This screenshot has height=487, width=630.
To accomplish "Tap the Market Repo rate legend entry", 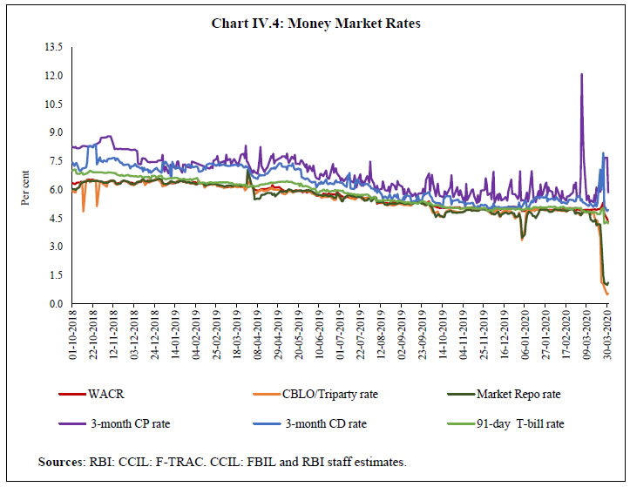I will [x=511, y=394].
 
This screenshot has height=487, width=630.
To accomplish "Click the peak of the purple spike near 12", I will [x=581, y=74].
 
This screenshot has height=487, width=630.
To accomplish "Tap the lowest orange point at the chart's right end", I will [x=606, y=294].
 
